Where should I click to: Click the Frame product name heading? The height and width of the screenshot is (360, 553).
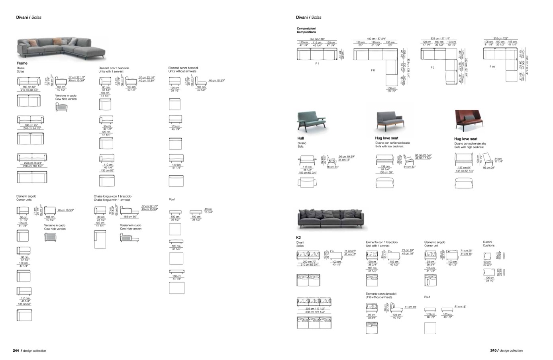(22, 63)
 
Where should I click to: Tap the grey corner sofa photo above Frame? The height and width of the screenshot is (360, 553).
(61, 48)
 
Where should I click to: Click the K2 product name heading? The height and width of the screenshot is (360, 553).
(299, 237)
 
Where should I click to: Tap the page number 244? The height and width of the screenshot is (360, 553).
(16, 351)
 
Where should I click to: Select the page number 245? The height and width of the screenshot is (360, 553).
(493, 351)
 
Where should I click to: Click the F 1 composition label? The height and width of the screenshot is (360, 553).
(317, 63)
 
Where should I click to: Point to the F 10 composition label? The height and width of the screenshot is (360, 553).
(492, 67)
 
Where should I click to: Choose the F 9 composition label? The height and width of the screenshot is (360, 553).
(432, 68)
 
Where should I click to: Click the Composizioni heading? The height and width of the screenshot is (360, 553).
(306, 29)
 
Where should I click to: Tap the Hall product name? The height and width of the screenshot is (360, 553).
(301, 138)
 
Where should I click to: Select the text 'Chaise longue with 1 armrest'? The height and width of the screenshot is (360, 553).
(112, 200)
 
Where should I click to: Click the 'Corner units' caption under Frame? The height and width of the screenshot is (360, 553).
(24, 200)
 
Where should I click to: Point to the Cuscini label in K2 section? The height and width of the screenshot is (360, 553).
(487, 242)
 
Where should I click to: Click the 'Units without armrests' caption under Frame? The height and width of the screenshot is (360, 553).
(182, 71)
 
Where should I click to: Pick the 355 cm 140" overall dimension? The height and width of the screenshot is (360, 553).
(317, 39)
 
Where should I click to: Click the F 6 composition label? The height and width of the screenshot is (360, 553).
(373, 70)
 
